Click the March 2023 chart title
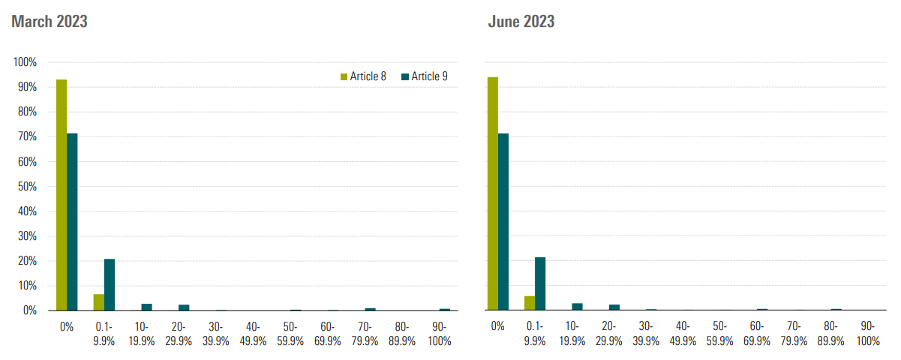(50, 21)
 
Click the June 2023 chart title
(521, 21)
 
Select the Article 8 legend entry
(364, 76)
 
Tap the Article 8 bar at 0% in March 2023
(62, 195)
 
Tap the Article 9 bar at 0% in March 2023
(72, 222)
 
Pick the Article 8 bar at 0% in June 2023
(493, 193)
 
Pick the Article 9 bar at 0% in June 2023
(503, 222)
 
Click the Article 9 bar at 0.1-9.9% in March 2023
(110, 285)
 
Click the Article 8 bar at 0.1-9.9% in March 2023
(98, 302)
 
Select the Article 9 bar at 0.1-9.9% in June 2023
(540, 284)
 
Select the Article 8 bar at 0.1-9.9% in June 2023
(530, 303)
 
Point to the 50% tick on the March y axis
(28, 186)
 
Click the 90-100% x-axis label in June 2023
(868, 334)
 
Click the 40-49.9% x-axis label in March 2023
(252, 334)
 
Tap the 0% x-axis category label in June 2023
(497, 326)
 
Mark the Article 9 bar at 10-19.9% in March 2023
(146, 307)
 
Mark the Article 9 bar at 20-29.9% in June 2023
(614, 307)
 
